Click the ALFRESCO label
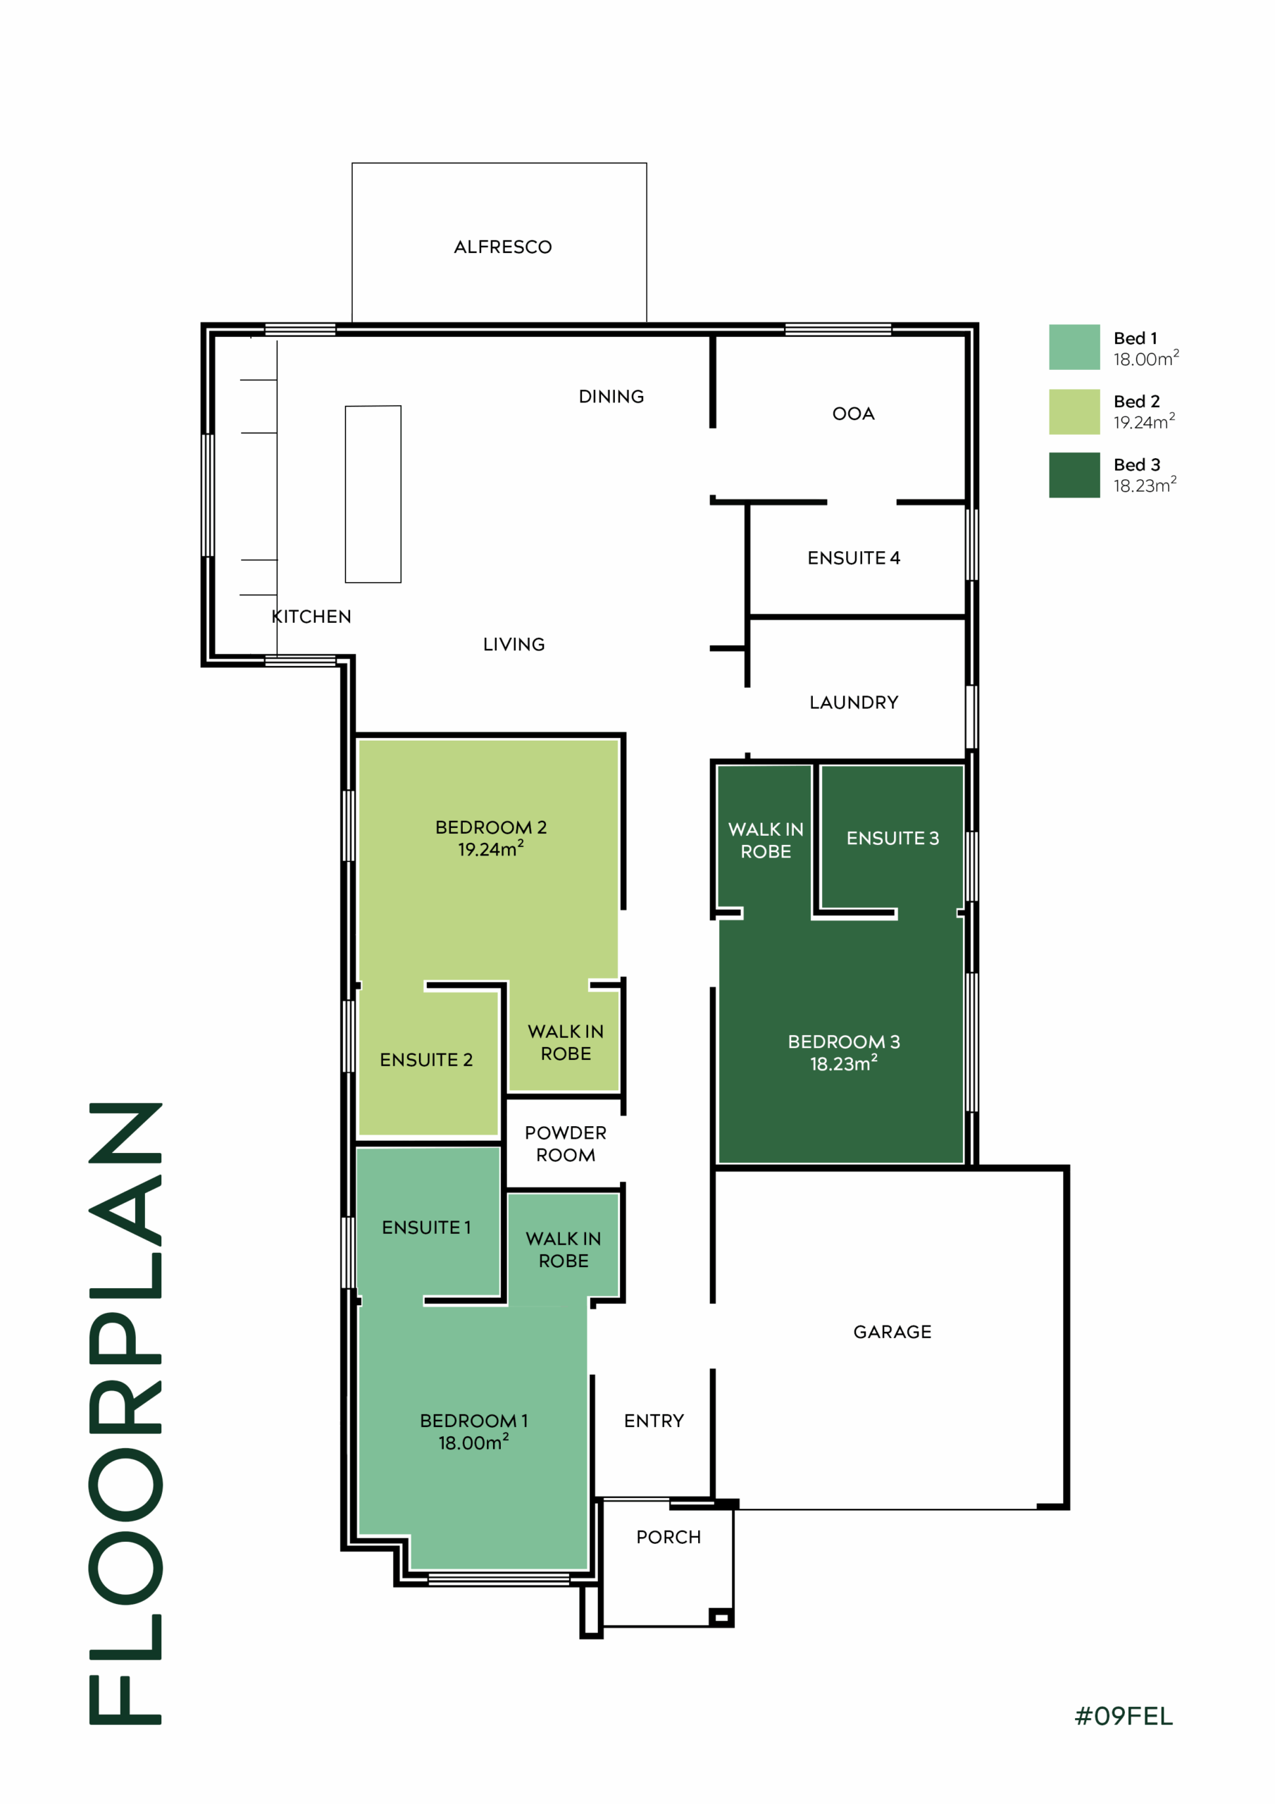click(503, 247)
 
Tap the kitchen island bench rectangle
click(373, 494)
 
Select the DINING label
click(611, 397)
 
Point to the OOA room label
click(853, 414)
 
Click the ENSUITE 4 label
click(854, 558)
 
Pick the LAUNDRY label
click(854, 703)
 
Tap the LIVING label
click(514, 644)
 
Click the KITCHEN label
click(312, 617)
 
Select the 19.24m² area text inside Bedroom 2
click(491, 848)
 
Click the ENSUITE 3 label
click(892, 839)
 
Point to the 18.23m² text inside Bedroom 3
click(844, 1063)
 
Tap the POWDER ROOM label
click(566, 1144)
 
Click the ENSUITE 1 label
click(427, 1228)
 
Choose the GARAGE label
click(892, 1332)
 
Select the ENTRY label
click(654, 1421)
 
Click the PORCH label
click(668, 1537)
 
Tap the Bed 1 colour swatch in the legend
click(1074, 347)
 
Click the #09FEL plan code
click(1124, 1717)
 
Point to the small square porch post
click(721, 1618)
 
